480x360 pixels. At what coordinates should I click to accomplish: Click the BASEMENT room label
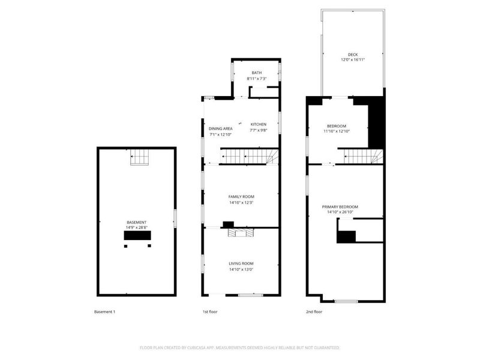pyautogui.click(x=137, y=222)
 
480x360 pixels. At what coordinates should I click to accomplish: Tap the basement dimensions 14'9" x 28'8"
pyautogui.click(x=137, y=227)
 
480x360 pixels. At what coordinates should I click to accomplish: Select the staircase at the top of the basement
pyautogui.click(x=140, y=157)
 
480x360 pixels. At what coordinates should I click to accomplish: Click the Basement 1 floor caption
pyautogui.click(x=105, y=312)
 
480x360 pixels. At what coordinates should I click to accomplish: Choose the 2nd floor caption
pyautogui.click(x=314, y=312)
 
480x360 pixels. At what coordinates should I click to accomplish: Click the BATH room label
pyautogui.click(x=257, y=73)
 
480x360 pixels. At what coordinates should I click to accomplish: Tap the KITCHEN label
pyautogui.click(x=259, y=124)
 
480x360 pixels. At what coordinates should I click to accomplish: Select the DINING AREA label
pyautogui.click(x=220, y=129)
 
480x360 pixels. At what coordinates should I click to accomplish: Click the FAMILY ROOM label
pyautogui.click(x=241, y=197)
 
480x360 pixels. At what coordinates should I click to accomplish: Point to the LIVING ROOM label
pyautogui.click(x=241, y=263)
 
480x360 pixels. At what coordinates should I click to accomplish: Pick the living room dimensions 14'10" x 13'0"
pyautogui.click(x=241, y=269)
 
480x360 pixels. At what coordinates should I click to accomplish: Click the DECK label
pyautogui.click(x=353, y=55)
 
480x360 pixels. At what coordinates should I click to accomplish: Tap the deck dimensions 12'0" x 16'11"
pyautogui.click(x=353, y=60)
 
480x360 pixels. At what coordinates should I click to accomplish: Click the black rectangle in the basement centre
pyautogui.click(x=137, y=235)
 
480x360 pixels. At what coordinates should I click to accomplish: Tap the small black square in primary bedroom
pyautogui.click(x=346, y=237)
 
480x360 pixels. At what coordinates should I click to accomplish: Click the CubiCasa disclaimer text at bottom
pyautogui.click(x=240, y=347)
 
